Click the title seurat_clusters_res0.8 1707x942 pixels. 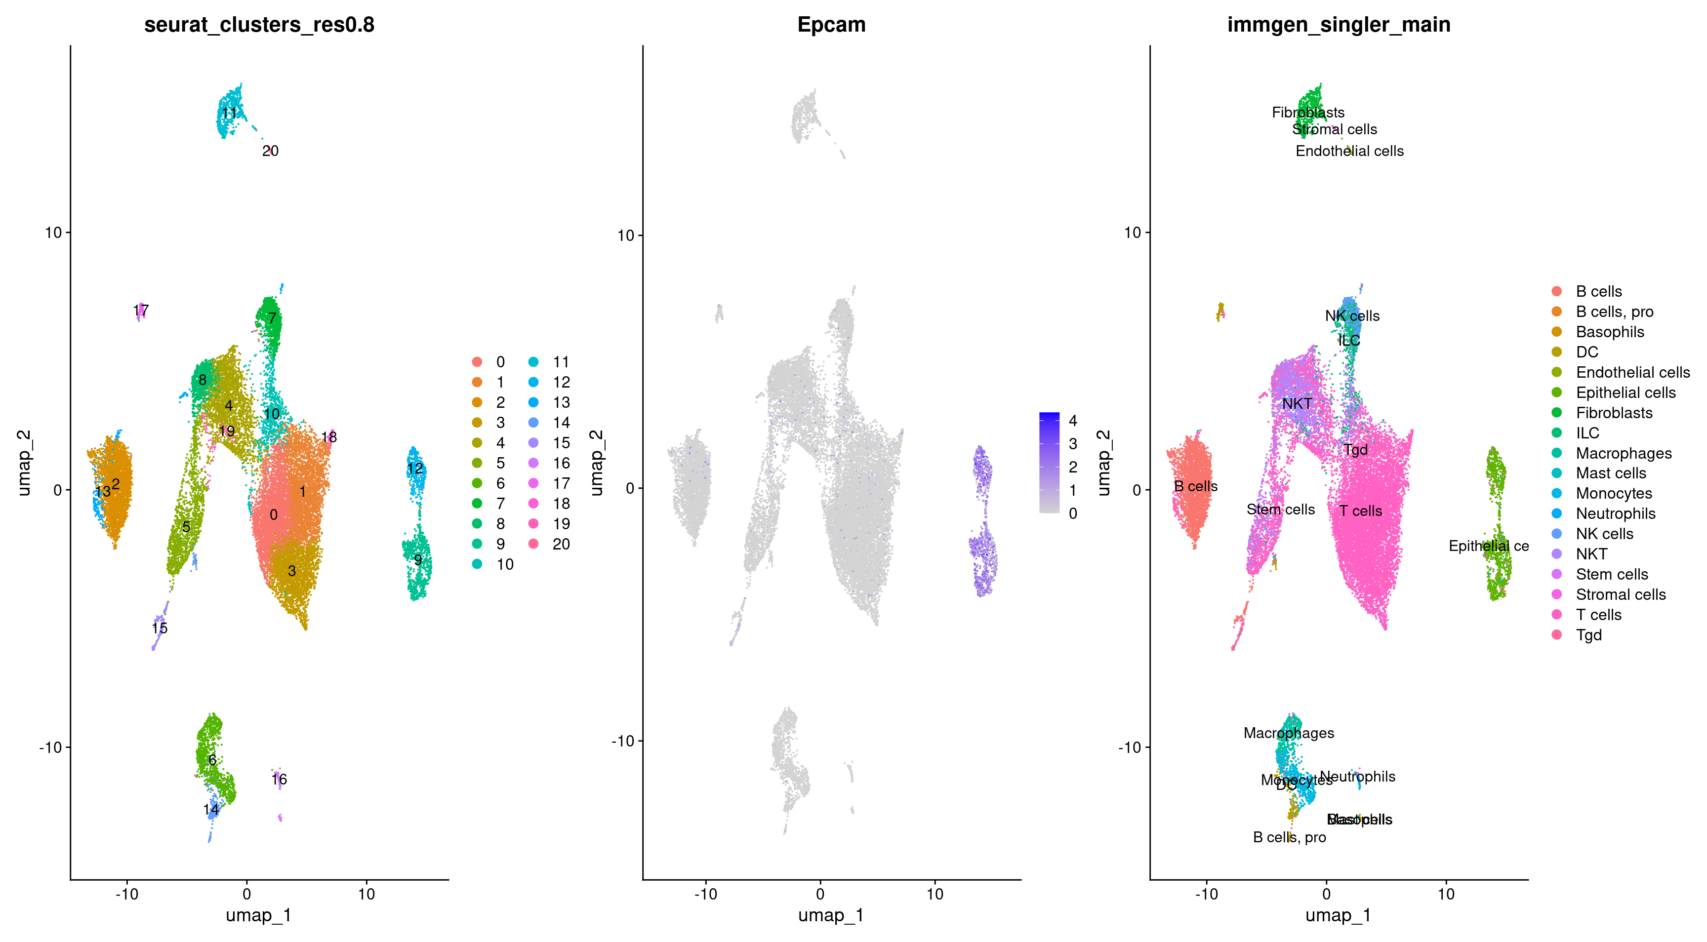point(259,25)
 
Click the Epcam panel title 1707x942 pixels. point(831,25)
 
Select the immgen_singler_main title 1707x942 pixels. point(1339,25)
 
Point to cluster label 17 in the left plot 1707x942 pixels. point(140,310)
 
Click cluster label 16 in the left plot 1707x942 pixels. point(279,779)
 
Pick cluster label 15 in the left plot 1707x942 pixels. point(160,628)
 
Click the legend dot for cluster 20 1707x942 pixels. point(533,544)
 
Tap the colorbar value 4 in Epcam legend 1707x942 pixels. point(1073,421)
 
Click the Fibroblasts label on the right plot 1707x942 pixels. point(1307,113)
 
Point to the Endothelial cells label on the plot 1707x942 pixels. point(1349,151)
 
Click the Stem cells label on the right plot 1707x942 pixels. point(1280,510)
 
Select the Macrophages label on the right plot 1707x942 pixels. point(1288,733)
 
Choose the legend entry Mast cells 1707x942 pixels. point(1610,473)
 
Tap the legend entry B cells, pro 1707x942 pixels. point(1614,312)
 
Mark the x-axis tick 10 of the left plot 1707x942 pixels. point(366,894)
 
